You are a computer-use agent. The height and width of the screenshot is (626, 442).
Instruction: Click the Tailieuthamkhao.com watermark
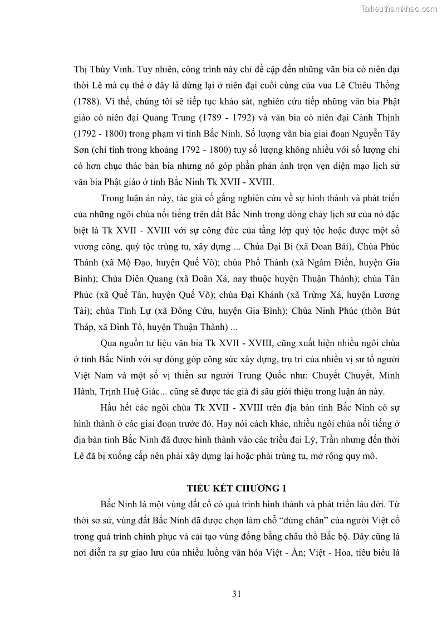[x=399, y=9]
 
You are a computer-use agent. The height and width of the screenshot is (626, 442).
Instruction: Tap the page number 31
[x=237, y=594]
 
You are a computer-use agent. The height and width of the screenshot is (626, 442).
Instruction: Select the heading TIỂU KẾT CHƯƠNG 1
[x=237, y=488]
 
